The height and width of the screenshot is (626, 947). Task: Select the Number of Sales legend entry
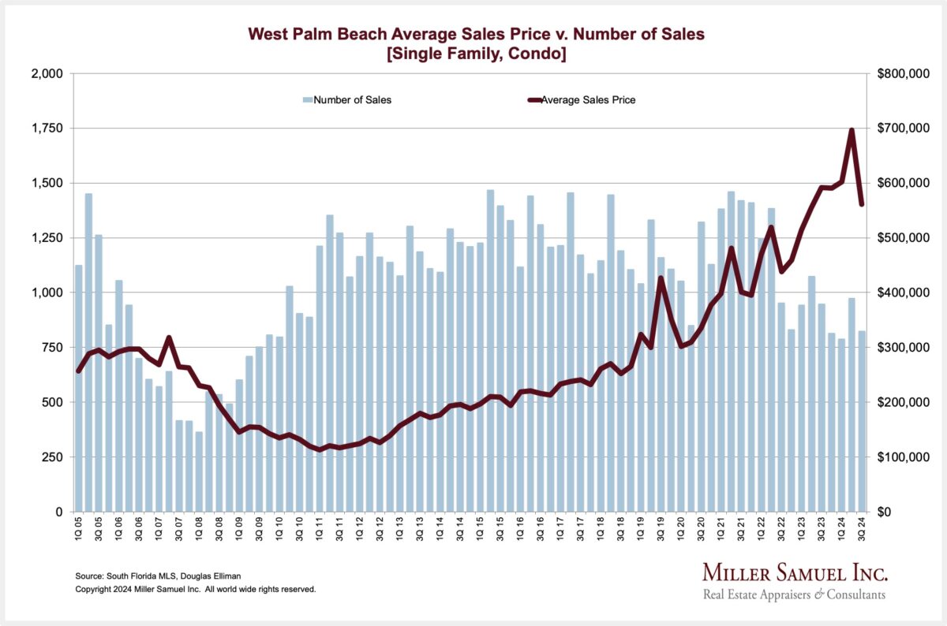pyautogui.click(x=346, y=100)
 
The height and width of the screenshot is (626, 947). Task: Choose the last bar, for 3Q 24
pyautogui.click(x=862, y=421)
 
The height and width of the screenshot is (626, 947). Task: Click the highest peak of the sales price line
pyautogui.click(x=852, y=130)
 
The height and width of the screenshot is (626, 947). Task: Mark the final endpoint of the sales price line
pyautogui.click(x=862, y=204)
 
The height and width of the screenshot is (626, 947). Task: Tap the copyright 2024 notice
pyautogui.click(x=195, y=589)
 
